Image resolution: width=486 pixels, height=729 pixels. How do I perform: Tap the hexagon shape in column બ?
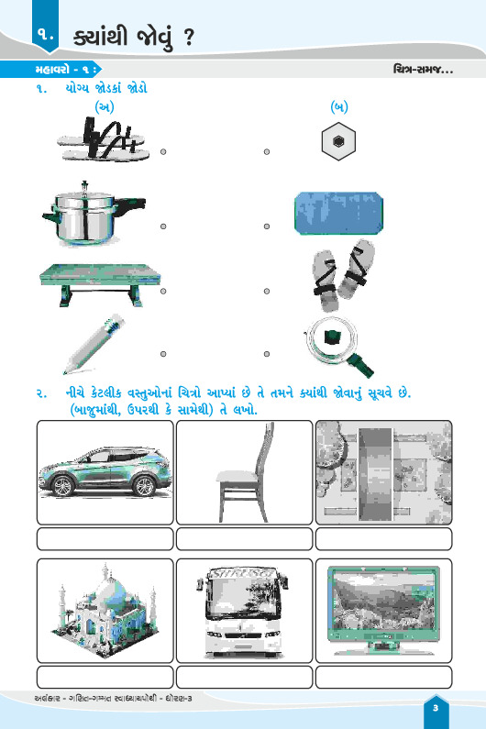coord(338,141)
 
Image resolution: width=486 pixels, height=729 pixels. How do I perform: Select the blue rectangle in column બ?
coord(338,213)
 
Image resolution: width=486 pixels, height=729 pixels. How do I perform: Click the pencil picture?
coord(94,344)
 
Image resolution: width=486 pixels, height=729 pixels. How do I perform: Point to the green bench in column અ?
coord(100,284)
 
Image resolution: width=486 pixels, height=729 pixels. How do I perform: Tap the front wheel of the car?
coord(62,486)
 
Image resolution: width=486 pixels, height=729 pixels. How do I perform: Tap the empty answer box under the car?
coord(105,539)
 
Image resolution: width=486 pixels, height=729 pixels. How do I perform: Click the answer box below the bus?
coord(244,677)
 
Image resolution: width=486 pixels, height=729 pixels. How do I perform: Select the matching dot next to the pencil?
coord(163,354)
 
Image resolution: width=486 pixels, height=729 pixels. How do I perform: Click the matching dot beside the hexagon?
coord(267,152)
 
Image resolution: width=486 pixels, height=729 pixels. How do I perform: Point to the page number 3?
coord(436,708)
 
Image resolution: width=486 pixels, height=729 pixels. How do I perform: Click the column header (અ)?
coord(105,107)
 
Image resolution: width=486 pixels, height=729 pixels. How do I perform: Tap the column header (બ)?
coord(339,107)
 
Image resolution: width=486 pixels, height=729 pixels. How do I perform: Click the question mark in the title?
coord(188,38)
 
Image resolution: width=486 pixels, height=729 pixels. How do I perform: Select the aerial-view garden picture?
coord(383,472)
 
